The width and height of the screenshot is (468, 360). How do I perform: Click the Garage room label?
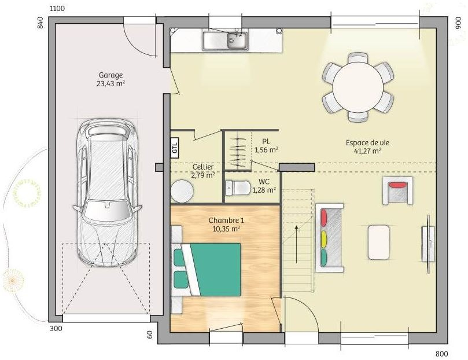point(110,75)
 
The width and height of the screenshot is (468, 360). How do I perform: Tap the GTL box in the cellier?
point(175,147)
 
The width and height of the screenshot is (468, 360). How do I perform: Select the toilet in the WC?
point(238,188)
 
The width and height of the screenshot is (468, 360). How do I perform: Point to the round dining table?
point(358,87)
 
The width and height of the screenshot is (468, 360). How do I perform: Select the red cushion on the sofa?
point(324,218)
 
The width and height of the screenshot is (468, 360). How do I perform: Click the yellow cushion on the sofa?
point(324,239)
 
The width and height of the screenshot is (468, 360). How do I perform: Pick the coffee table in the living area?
point(378,243)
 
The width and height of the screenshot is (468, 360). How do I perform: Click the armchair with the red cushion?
point(397,190)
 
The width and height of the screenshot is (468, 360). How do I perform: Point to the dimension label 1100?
point(57,9)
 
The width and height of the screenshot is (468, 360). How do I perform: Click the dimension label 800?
point(442,354)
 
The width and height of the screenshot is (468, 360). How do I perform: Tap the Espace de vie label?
point(367,143)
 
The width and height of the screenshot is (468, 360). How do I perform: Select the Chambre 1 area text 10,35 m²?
point(227,229)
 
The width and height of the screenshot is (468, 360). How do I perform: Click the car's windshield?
point(106,210)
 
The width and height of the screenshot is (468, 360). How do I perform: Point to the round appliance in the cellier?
point(182,191)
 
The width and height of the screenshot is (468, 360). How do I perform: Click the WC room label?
point(264,182)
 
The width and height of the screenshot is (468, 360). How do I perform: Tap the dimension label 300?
point(56,329)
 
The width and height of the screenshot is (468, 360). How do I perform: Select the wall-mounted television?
point(429,243)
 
